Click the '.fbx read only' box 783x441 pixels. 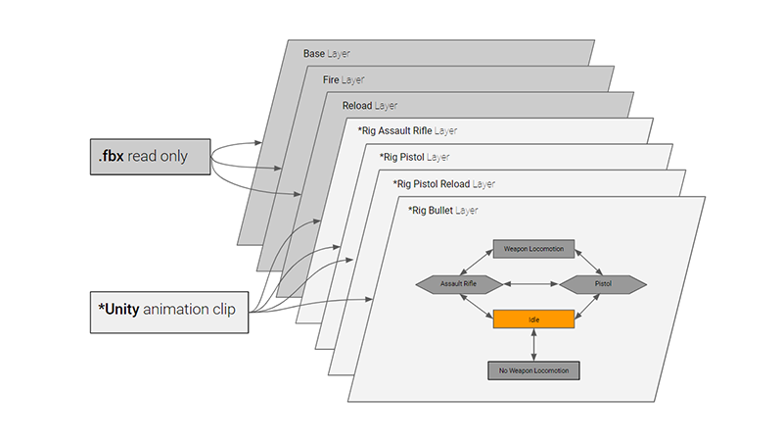pyautogui.click(x=149, y=157)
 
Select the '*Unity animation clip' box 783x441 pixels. pyautogui.click(x=166, y=312)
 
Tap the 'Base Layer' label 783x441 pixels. pyautogui.click(x=327, y=53)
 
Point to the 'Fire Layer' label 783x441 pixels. pyautogui.click(x=344, y=79)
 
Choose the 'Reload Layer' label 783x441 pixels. pyautogui.click(x=369, y=105)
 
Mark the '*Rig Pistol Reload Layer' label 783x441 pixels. pyautogui.click(x=444, y=182)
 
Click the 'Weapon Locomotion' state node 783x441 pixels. pyautogui.click(x=532, y=249)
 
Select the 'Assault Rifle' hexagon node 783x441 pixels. pyautogui.click(x=459, y=284)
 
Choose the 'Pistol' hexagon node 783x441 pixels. pyautogui.click(x=603, y=284)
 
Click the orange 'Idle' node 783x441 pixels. pyautogui.click(x=532, y=319)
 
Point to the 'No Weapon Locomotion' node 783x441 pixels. pyautogui.click(x=533, y=370)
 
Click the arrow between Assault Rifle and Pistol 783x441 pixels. pyautogui.click(x=530, y=284)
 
